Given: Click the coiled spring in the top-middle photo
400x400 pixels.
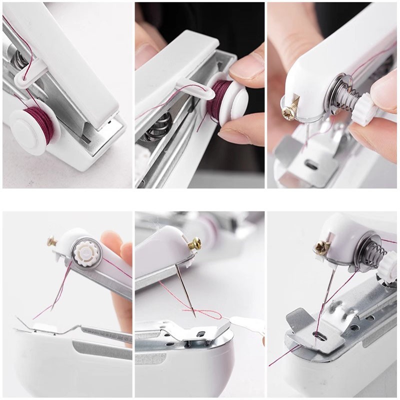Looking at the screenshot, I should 159,125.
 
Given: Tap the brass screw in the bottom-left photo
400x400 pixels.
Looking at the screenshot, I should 52,241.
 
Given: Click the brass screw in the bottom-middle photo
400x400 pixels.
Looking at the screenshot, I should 194,244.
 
